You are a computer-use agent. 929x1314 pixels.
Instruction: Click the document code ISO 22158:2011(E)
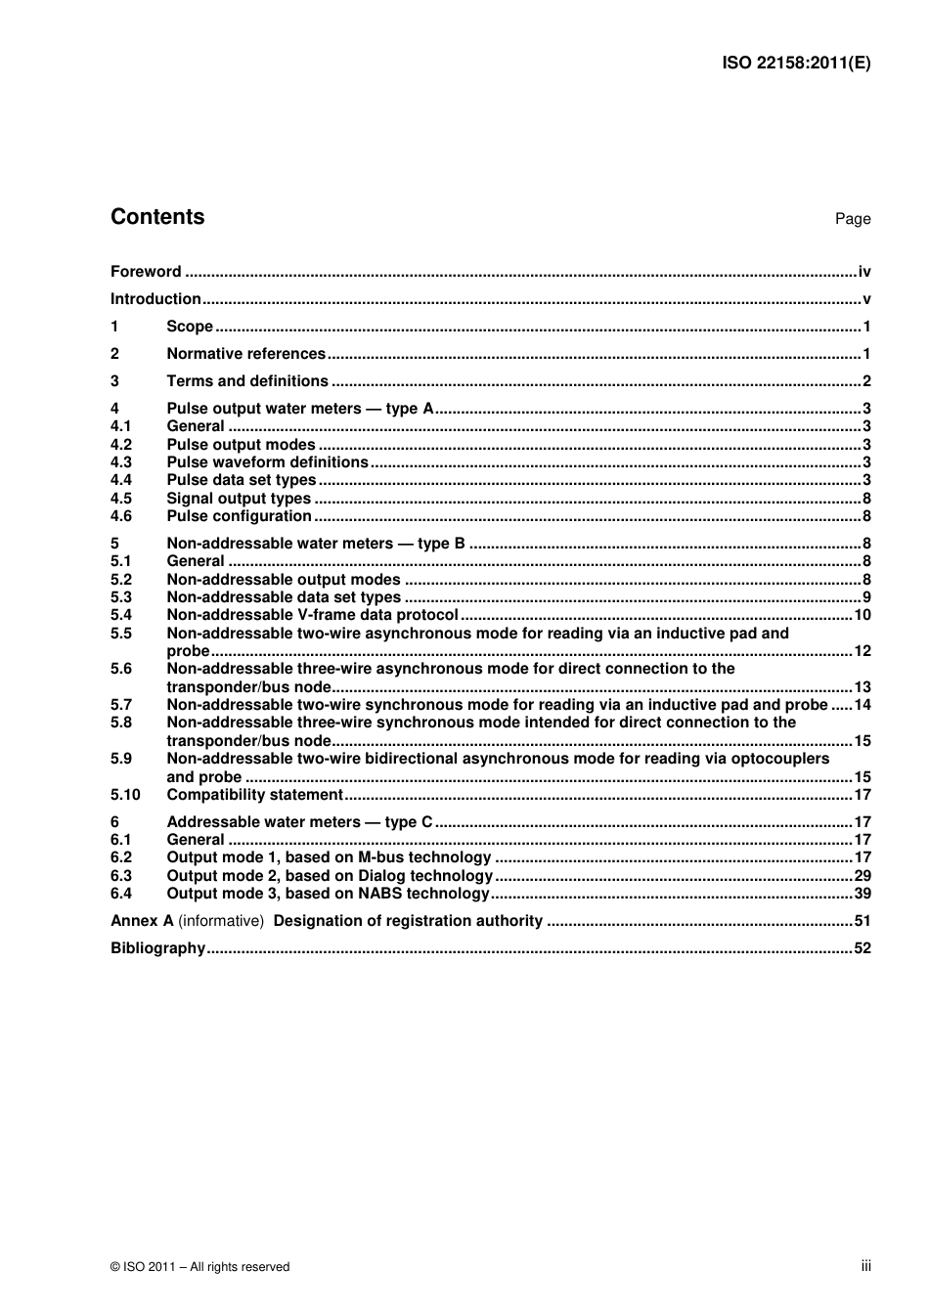tap(796, 64)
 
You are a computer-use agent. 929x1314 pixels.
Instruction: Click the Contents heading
tap(157, 217)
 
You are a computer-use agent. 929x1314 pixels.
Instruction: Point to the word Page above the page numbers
tap(852, 219)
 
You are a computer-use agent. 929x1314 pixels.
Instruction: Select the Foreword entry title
tap(146, 272)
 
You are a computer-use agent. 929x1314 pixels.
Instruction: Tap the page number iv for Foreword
tap(863, 272)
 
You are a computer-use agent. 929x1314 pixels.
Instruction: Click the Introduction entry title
tap(155, 299)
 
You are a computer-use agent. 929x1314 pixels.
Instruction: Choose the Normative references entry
tap(245, 354)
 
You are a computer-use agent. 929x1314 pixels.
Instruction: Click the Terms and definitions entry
tap(247, 381)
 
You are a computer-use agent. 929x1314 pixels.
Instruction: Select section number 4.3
tap(121, 462)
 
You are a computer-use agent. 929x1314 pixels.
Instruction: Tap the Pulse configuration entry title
tap(239, 516)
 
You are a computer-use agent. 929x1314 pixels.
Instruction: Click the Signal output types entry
tap(239, 499)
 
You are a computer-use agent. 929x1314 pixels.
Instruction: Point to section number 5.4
tap(121, 615)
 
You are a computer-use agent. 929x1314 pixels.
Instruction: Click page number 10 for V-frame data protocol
tap(862, 615)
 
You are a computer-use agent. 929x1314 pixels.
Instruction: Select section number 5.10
tap(125, 795)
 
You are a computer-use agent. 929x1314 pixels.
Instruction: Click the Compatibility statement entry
tap(254, 795)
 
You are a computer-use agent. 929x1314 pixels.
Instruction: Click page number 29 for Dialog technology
tap(862, 876)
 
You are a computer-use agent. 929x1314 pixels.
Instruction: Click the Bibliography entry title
tap(157, 948)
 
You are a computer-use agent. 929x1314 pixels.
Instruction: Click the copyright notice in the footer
tap(199, 1267)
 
